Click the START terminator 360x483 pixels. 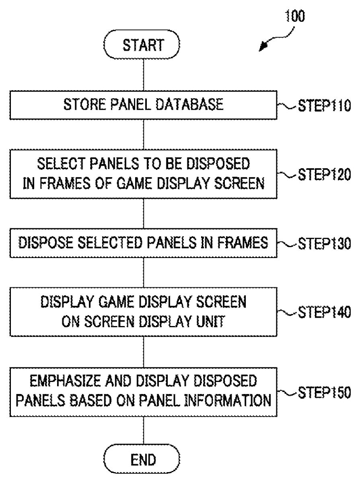coord(142,44)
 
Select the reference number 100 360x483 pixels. coord(295,16)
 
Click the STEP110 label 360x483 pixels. coord(324,105)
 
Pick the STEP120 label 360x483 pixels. coord(324,174)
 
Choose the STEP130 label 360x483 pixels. coord(324,244)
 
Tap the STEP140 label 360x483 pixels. coord(324,312)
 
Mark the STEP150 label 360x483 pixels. coord(324,392)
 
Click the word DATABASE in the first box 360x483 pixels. coord(189,104)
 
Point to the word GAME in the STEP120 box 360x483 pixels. coord(135,183)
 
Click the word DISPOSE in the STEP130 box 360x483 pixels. coord(45,243)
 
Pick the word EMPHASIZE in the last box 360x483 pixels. coord(65,381)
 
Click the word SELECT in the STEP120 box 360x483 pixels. coord(61,164)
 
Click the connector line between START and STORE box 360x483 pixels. coord(144,75)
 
